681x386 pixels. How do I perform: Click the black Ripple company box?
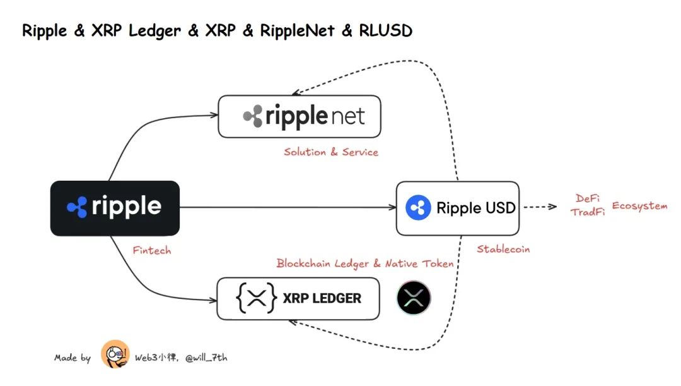click(x=115, y=208)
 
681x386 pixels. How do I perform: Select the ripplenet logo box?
click(x=300, y=117)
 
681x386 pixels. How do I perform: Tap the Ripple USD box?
click(x=457, y=208)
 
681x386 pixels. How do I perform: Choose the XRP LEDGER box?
click(x=298, y=298)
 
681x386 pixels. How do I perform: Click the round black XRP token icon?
click(x=414, y=298)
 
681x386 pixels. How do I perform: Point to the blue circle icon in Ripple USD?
click(x=417, y=208)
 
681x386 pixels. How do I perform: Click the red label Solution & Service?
click(x=331, y=152)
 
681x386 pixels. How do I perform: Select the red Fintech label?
click(x=151, y=250)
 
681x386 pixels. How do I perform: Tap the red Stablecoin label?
click(x=503, y=249)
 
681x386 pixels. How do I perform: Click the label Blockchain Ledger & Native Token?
click(x=365, y=263)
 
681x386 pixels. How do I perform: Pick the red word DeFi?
click(x=588, y=199)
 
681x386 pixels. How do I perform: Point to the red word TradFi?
click(x=588, y=213)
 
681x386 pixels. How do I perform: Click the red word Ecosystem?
click(x=639, y=207)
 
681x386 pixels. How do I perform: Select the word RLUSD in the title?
click(x=385, y=30)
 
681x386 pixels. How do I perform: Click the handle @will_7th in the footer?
click(x=206, y=358)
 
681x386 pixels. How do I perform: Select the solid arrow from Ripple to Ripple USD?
click(x=287, y=207)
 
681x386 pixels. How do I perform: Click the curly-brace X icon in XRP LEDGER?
click(x=257, y=298)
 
